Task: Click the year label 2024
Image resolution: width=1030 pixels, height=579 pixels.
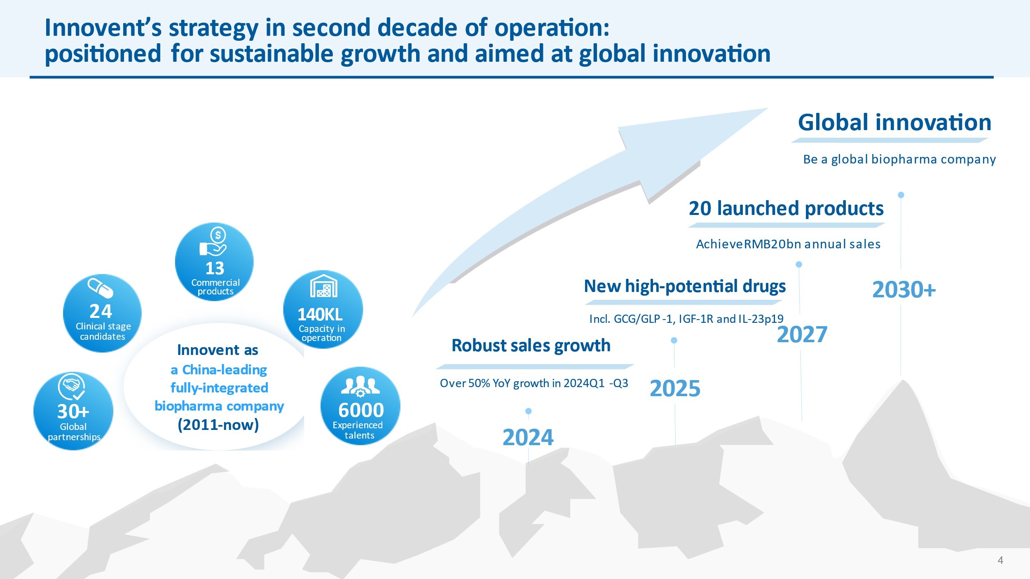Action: (528, 437)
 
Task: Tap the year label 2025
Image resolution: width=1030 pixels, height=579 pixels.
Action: (675, 388)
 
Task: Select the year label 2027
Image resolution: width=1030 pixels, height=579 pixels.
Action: (802, 334)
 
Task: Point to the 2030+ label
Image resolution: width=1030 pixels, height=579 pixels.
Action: (904, 289)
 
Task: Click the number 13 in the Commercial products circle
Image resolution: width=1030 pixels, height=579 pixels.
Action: (215, 268)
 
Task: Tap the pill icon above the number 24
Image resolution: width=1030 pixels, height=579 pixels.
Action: (100, 287)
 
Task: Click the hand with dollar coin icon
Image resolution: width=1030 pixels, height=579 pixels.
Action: (214, 242)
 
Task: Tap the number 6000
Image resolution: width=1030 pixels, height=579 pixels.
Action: (361, 410)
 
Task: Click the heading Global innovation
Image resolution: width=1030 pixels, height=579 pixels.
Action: (894, 122)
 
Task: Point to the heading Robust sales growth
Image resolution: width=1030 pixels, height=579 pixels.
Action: (531, 346)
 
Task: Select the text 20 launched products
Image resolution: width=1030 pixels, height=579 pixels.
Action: (786, 208)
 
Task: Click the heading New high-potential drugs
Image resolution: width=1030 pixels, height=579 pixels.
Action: (685, 286)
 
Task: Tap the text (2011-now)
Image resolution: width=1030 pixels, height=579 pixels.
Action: (218, 425)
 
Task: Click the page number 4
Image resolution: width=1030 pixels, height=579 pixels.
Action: (1000, 560)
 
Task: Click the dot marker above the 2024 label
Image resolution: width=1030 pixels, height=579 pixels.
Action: (529, 411)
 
